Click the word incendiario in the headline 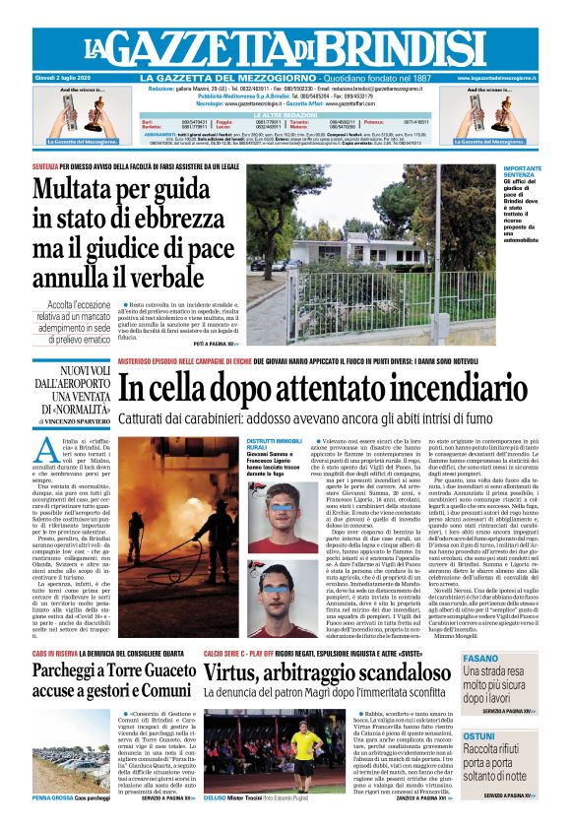pos(451,388)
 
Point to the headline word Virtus pos(236,672)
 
